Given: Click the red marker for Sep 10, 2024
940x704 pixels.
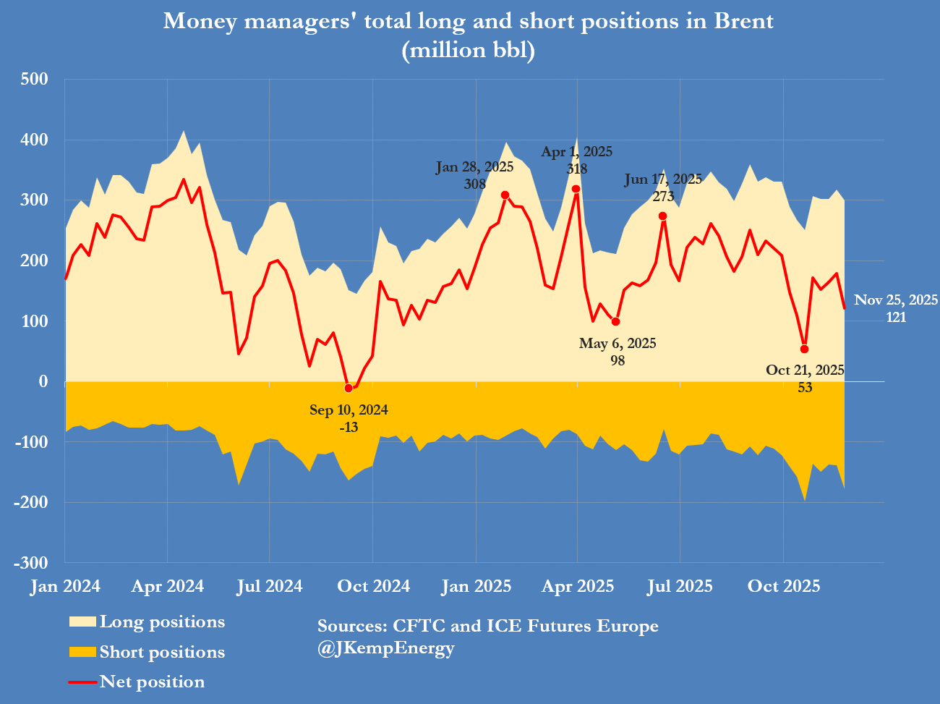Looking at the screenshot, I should (x=349, y=389).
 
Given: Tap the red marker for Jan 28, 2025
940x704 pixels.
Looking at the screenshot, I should (x=505, y=195).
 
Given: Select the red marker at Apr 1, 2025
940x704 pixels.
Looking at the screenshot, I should (x=576, y=189).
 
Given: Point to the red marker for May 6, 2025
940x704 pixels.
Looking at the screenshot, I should (x=616, y=322).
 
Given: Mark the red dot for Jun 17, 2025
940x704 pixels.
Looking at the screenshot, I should (x=662, y=216).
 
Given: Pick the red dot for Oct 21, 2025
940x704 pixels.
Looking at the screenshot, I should (x=804, y=349).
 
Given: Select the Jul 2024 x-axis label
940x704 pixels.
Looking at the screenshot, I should (x=270, y=586).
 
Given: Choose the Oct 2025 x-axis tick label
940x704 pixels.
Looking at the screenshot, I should (x=784, y=586).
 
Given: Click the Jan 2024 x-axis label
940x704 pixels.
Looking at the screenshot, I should (x=65, y=586).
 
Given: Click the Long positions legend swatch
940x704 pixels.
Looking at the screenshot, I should (x=82, y=622).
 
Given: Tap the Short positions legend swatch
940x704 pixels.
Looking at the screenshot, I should (x=82, y=653).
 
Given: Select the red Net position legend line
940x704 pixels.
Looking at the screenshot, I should (x=82, y=682).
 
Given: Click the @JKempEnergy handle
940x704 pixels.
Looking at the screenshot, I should (x=385, y=648).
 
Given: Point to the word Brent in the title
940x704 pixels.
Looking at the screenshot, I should (x=743, y=21).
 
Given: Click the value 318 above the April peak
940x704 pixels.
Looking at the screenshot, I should (x=577, y=169).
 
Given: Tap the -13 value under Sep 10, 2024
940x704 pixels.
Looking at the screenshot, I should (x=349, y=428).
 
